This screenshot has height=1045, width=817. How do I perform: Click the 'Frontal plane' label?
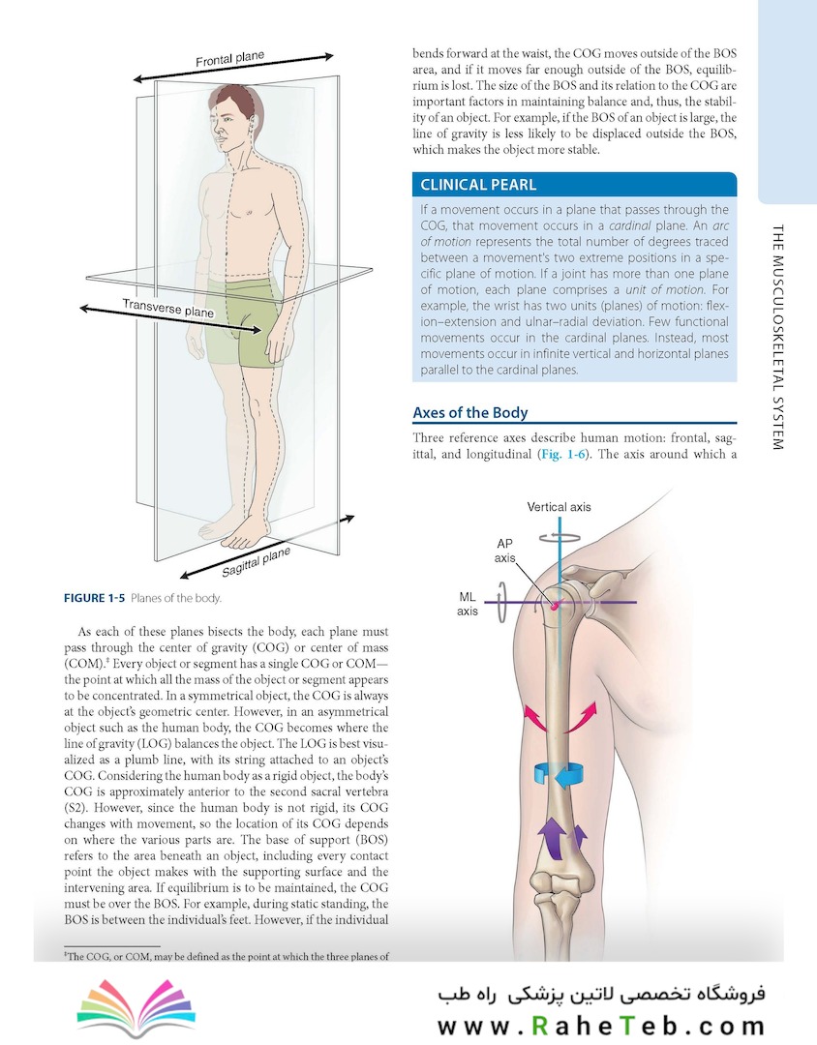pyautogui.click(x=230, y=59)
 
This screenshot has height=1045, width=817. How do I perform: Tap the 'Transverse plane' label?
pyautogui.click(x=168, y=308)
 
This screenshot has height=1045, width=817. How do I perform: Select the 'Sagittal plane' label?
pyautogui.click(x=257, y=562)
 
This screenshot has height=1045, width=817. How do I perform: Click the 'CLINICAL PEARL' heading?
pyautogui.click(x=478, y=185)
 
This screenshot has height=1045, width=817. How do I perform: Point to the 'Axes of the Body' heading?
pyautogui.click(x=470, y=412)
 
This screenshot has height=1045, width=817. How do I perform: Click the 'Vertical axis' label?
pyautogui.click(x=559, y=506)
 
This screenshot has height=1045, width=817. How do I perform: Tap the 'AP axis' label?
pyautogui.click(x=505, y=551)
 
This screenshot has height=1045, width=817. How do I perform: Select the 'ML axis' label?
pyautogui.click(x=468, y=604)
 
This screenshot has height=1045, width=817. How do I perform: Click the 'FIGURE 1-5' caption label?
pyautogui.click(x=94, y=598)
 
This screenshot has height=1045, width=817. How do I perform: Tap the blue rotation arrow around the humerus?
pyautogui.click(x=559, y=774)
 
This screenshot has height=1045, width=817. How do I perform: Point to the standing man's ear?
pyautogui.click(x=252, y=124)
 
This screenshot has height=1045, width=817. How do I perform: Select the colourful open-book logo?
pyautogui.click(x=136, y=1007)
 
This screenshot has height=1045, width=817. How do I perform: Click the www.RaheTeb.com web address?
pyautogui.click(x=601, y=1026)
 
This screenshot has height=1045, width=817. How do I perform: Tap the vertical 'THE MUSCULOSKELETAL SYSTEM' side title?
pyautogui.click(x=777, y=337)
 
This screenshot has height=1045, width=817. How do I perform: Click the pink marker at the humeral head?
pyautogui.click(x=556, y=605)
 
